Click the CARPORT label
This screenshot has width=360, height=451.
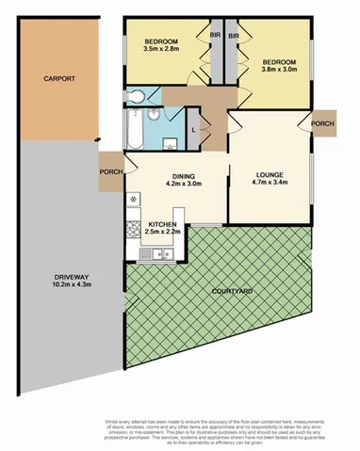pyautogui.click(x=58, y=80)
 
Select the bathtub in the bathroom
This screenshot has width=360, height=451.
pyautogui.click(x=133, y=131)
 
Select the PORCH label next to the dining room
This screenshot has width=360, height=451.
pyautogui.click(x=109, y=171)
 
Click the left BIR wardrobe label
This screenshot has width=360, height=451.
pyautogui.click(x=214, y=38)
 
